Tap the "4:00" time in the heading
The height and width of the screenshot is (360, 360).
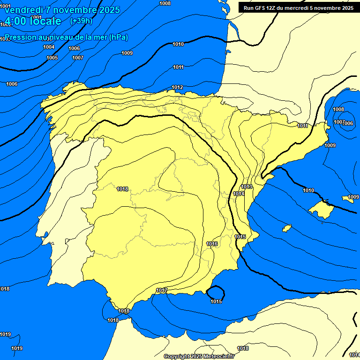(x=16, y=21)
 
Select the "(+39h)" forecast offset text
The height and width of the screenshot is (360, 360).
(x=81, y=21)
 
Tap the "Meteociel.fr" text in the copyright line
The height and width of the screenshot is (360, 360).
(x=219, y=356)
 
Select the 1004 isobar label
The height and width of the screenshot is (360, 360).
(x=49, y=47)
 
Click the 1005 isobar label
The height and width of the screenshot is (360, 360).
(x=52, y=58)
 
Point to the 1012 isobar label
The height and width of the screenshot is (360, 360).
(x=177, y=87)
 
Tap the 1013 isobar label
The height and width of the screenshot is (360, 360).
(x=247, y=187)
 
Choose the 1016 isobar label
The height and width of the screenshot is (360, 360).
(x=212, y=244)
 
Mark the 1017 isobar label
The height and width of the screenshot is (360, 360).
(x=162, y=291)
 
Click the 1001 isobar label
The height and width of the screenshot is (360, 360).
(x=37, y=17)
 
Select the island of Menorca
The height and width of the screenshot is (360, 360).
(x=348, y=199)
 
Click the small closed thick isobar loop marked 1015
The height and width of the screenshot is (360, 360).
(x=216, y=293)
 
